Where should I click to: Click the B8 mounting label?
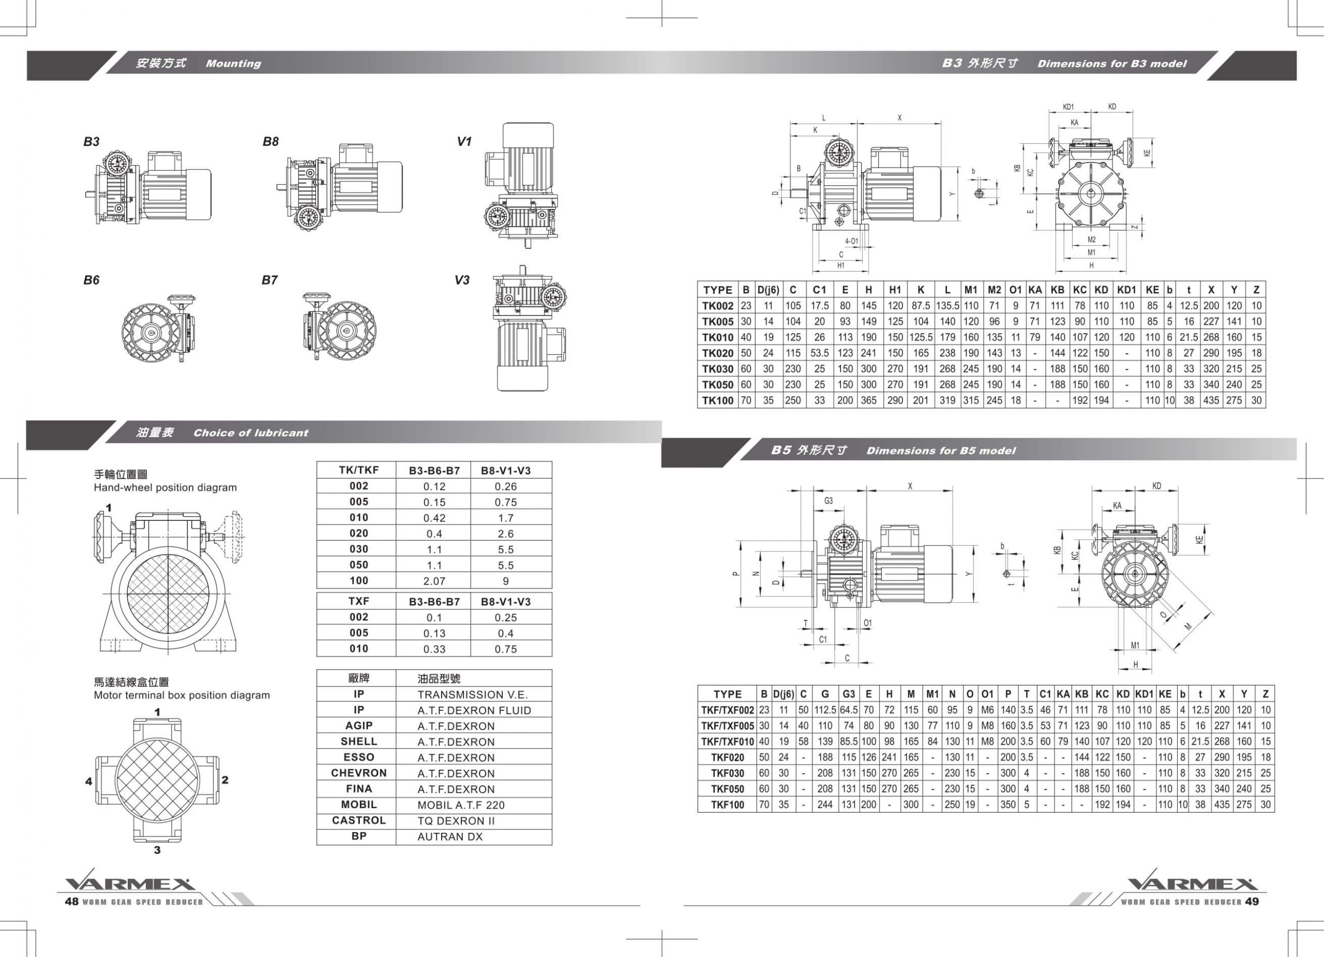270,141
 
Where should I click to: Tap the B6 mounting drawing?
159,331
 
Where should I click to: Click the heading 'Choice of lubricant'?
250,432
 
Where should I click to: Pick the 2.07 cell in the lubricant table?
434,581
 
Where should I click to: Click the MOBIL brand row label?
358,804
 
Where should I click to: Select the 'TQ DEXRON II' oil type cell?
456,820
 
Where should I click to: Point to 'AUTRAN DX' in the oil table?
449,836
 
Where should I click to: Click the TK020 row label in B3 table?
717,353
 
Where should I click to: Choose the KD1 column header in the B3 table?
1126,290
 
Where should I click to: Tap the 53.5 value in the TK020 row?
819,353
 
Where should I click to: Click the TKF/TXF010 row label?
727,741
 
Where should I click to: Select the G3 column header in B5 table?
848,694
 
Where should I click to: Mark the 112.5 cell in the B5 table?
824,710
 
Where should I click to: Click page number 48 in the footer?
71,902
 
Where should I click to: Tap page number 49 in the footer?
1252,902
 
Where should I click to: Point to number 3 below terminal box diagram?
157,850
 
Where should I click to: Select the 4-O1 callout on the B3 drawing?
851,241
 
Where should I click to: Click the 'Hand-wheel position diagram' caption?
165,487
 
